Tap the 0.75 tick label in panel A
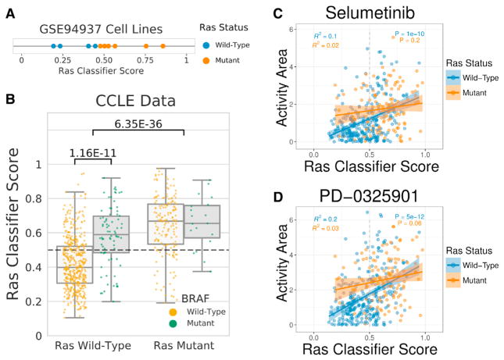click(x=145, y=59)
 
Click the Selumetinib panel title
click(x=368, y=13)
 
